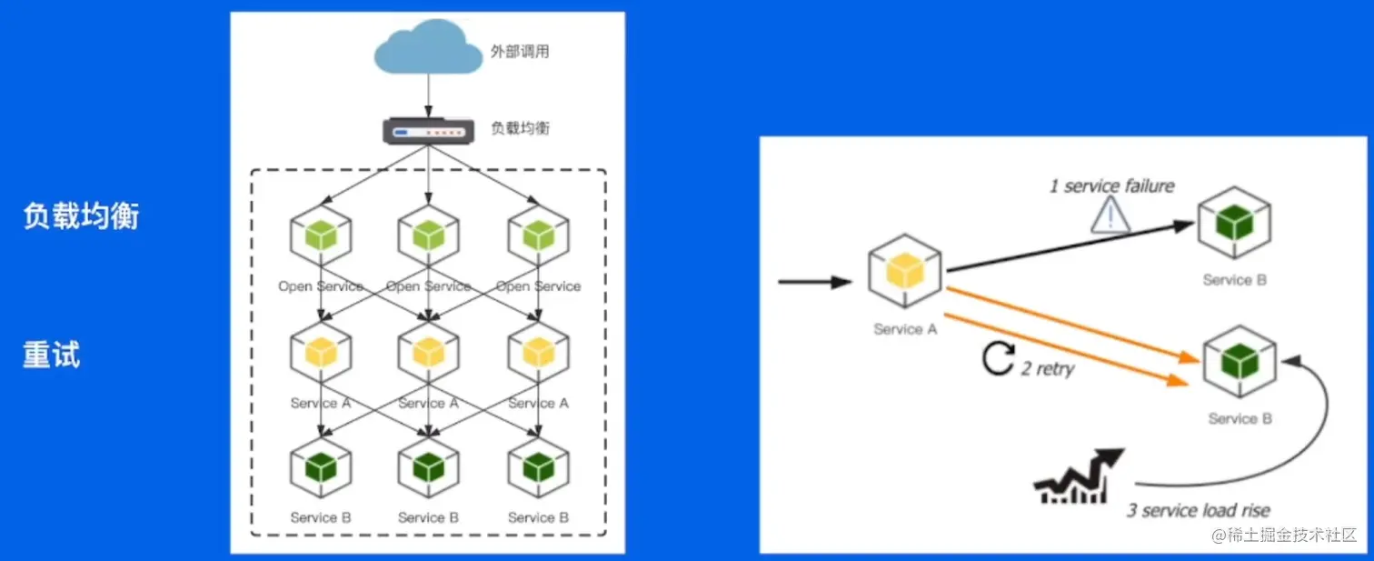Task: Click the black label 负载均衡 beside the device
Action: [520, 128]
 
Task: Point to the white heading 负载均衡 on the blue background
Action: [81, 216]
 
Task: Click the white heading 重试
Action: [52, 354]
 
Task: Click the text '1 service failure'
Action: [1111, 186]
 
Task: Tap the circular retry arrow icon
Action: [997, 359]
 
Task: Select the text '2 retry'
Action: [1048, 368]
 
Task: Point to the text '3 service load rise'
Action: [1198, 510]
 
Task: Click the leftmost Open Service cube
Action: [320, 236]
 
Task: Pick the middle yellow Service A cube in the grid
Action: [428, 352]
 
